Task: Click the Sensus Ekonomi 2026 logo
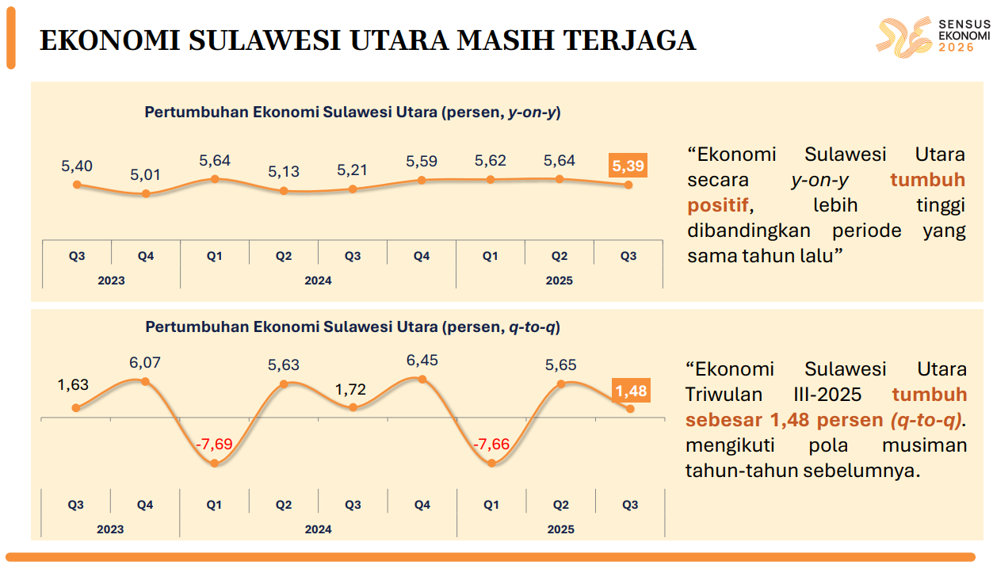pos(933,37)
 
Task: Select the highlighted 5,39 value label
pos(628,166)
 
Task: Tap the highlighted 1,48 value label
pos(631,391)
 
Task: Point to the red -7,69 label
pos(215,444)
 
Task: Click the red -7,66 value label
pos(491,444)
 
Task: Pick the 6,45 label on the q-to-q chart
pos(422,360)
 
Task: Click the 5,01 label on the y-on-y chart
pos(146,174)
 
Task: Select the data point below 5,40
pos(77,185)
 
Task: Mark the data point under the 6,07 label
pos(145,381)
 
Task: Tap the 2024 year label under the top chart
pos(318,281)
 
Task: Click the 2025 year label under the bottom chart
pos(560,529)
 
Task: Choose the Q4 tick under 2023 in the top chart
pos(146,256)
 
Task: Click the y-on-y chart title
pos(353,113)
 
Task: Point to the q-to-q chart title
pos(353,326)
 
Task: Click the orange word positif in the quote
pos(718,205)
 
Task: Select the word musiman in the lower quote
pos(924,445)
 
